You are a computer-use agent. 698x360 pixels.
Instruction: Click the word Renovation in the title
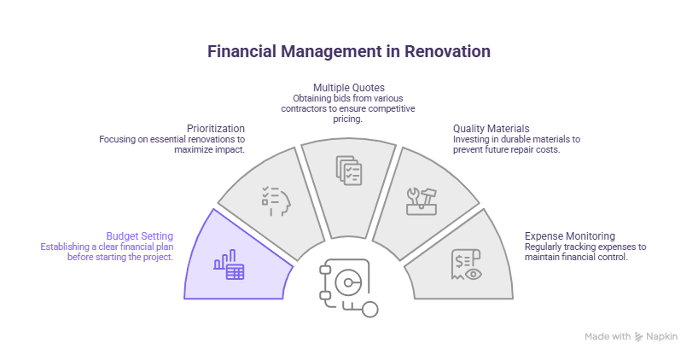[x=447, y=52]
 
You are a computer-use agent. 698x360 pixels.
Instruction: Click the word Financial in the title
[x=241, y=52]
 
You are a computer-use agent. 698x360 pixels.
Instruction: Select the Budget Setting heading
[x=140, y=236]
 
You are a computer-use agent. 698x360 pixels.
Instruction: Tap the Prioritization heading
[x=216, y=129]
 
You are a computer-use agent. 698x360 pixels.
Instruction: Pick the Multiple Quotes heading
[x=349, y=88]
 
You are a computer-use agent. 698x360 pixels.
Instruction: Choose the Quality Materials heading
[x=492, y=129]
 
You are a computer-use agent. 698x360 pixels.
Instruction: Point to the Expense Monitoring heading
[x=570, y=236]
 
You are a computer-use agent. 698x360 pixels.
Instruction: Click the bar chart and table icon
[x=229, y=264]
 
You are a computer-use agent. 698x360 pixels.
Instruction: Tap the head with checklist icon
[x=276, y=201]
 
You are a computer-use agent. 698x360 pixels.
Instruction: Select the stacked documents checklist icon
[x=349, y=170]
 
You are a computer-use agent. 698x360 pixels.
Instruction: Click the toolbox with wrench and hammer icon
[x=422, y=201]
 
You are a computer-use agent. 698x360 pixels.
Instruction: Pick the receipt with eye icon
[x=466, y=264]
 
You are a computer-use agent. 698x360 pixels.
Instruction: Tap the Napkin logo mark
[x=639, y=336]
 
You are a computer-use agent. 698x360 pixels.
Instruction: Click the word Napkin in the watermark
[x=662, y=336]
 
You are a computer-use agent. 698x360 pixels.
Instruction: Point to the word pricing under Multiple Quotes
[x=348, y=119]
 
